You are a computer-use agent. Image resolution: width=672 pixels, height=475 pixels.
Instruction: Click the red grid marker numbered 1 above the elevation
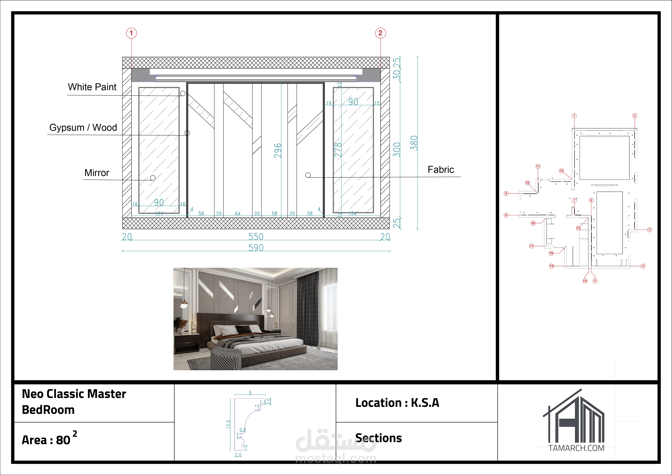pos(131,33)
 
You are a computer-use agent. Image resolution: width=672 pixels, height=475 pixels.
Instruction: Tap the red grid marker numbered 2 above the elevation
pos(380,33)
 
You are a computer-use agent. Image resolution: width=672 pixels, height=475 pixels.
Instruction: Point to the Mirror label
pos(97,173)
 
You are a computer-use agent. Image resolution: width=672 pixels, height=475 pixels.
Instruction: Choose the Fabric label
pos(441,170)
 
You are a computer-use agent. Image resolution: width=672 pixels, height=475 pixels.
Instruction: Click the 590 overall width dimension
pos(256,248)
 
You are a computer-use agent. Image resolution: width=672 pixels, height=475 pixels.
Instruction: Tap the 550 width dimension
pos(256,237)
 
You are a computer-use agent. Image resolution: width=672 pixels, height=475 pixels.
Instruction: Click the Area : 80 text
pos(46,440)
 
